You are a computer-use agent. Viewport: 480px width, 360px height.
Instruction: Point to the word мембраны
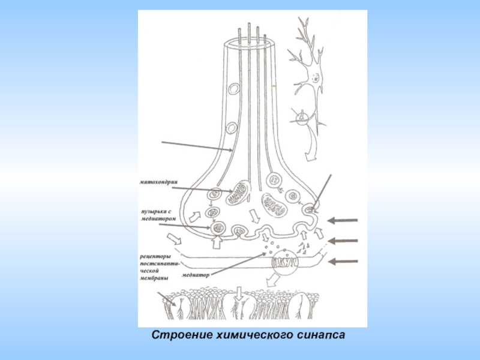click(x=154, y=278)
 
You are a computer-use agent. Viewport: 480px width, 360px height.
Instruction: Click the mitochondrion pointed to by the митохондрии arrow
click(x=239, y=191)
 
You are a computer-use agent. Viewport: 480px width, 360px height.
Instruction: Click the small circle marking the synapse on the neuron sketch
click(x=302, y=116)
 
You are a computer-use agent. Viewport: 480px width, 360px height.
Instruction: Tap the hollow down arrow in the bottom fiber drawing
click(x=239, y=293)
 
